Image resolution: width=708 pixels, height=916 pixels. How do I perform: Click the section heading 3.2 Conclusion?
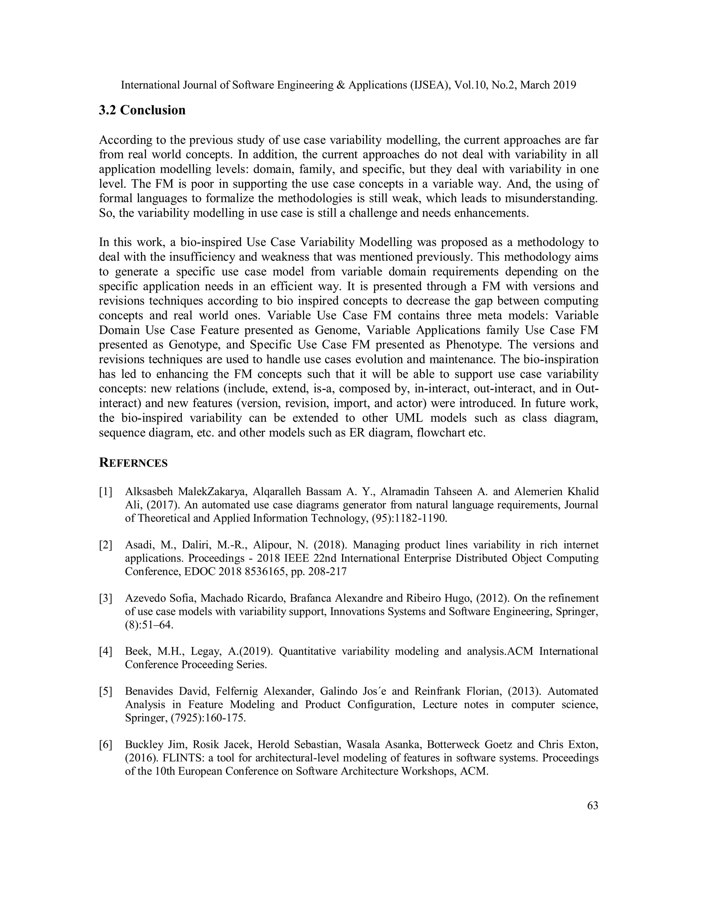point(142,110)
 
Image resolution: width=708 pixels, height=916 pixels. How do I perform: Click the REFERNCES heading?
point(133,463)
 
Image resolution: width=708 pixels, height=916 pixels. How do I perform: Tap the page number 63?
point(593,817)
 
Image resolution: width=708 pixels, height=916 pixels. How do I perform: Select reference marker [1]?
point(105,492)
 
